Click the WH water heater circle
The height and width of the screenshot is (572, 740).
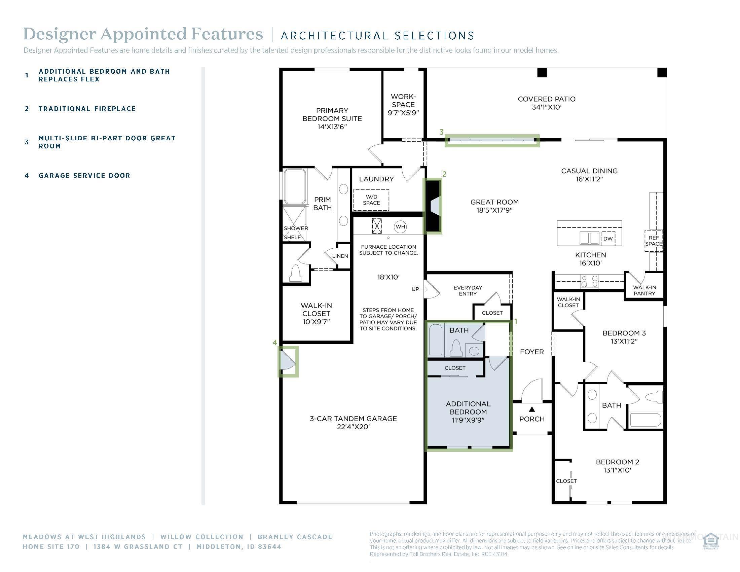[400, 227]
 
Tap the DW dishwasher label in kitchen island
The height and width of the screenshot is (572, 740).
[608, 239]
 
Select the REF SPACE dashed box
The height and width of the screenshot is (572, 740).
[653, 241]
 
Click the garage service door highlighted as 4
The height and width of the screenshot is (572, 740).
[288, 362]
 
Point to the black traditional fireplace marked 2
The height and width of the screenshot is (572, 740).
[433, 206]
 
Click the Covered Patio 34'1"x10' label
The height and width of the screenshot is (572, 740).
[546, 103]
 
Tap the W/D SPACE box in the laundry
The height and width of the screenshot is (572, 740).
[371, 200]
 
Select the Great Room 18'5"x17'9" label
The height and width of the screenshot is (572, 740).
[494, 206]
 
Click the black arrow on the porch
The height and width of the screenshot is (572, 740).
[531, 409]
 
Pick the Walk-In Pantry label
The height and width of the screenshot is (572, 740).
[644, 290]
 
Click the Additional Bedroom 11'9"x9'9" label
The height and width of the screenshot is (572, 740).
[468, 412]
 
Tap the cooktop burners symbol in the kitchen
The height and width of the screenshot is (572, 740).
[590, 281]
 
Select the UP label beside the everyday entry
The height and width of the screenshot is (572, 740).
[415, 289]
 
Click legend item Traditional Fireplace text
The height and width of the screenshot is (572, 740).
[87, 109]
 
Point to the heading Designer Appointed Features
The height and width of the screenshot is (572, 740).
[143, 34]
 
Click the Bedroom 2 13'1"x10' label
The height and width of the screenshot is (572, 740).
[617, 466]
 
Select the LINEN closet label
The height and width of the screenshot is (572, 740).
[340, 256]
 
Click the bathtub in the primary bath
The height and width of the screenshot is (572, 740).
[295, 186]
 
